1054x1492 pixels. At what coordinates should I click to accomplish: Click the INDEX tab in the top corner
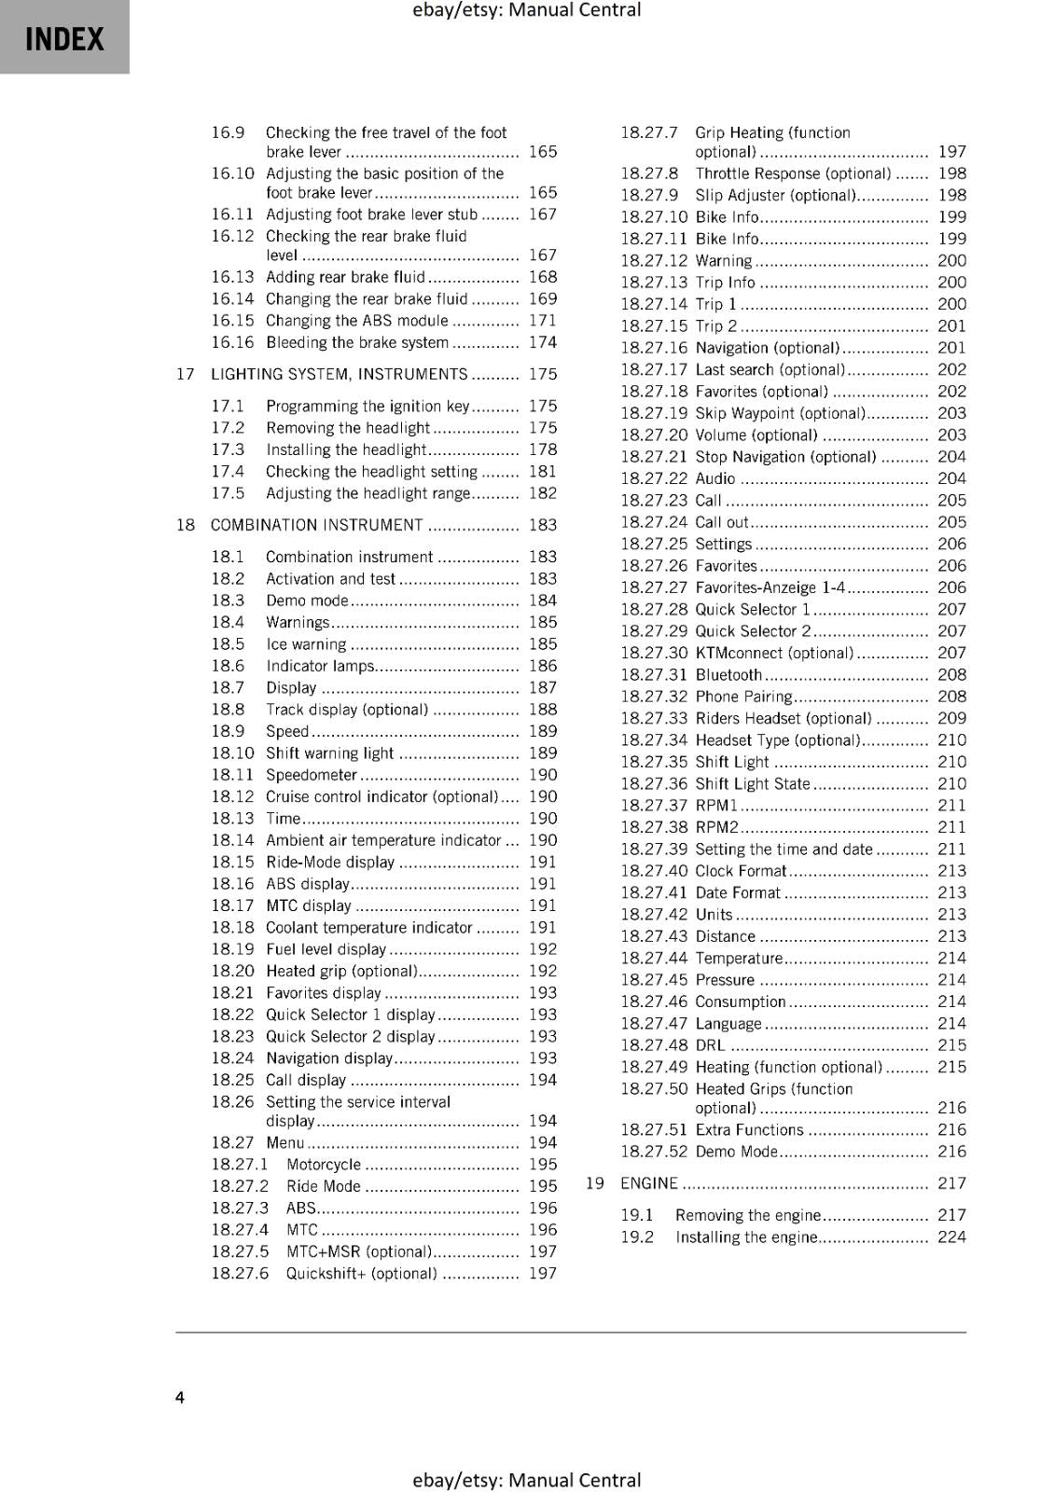coord(64,39)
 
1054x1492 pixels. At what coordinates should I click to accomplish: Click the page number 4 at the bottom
coord(180,1397)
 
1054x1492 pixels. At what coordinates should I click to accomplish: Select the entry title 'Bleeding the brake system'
coord(356,342)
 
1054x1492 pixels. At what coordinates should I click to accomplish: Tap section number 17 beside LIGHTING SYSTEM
coord(185,374)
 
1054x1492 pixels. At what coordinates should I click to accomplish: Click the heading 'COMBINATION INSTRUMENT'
coord(316,525)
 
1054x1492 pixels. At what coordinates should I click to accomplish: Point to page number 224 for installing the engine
coord(951,1236)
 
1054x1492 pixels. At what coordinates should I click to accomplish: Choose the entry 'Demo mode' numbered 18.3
coord(306,601)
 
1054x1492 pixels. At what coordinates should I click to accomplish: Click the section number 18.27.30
coord(653,653)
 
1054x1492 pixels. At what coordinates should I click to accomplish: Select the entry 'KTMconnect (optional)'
coord(773,653)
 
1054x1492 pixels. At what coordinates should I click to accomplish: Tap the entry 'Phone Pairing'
coord(743,697)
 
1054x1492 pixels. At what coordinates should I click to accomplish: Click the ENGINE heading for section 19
coord(648,1183)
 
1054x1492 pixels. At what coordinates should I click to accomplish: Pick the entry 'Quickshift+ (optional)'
coord(361,1274)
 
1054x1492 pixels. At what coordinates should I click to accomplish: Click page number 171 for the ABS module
coord(542,321)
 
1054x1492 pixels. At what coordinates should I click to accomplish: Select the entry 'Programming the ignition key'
coord(367,406)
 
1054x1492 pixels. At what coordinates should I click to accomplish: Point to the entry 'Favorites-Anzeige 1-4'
coord(770,587)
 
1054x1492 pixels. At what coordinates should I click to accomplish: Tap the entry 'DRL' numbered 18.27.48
coord(710,1045)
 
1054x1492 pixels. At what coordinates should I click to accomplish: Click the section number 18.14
coord(231,840)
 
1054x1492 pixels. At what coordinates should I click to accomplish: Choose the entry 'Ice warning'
coord(306,644)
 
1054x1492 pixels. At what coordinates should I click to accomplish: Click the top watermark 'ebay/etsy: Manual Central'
coord(526,10)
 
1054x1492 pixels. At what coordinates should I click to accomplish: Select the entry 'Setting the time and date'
coord(784,850)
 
